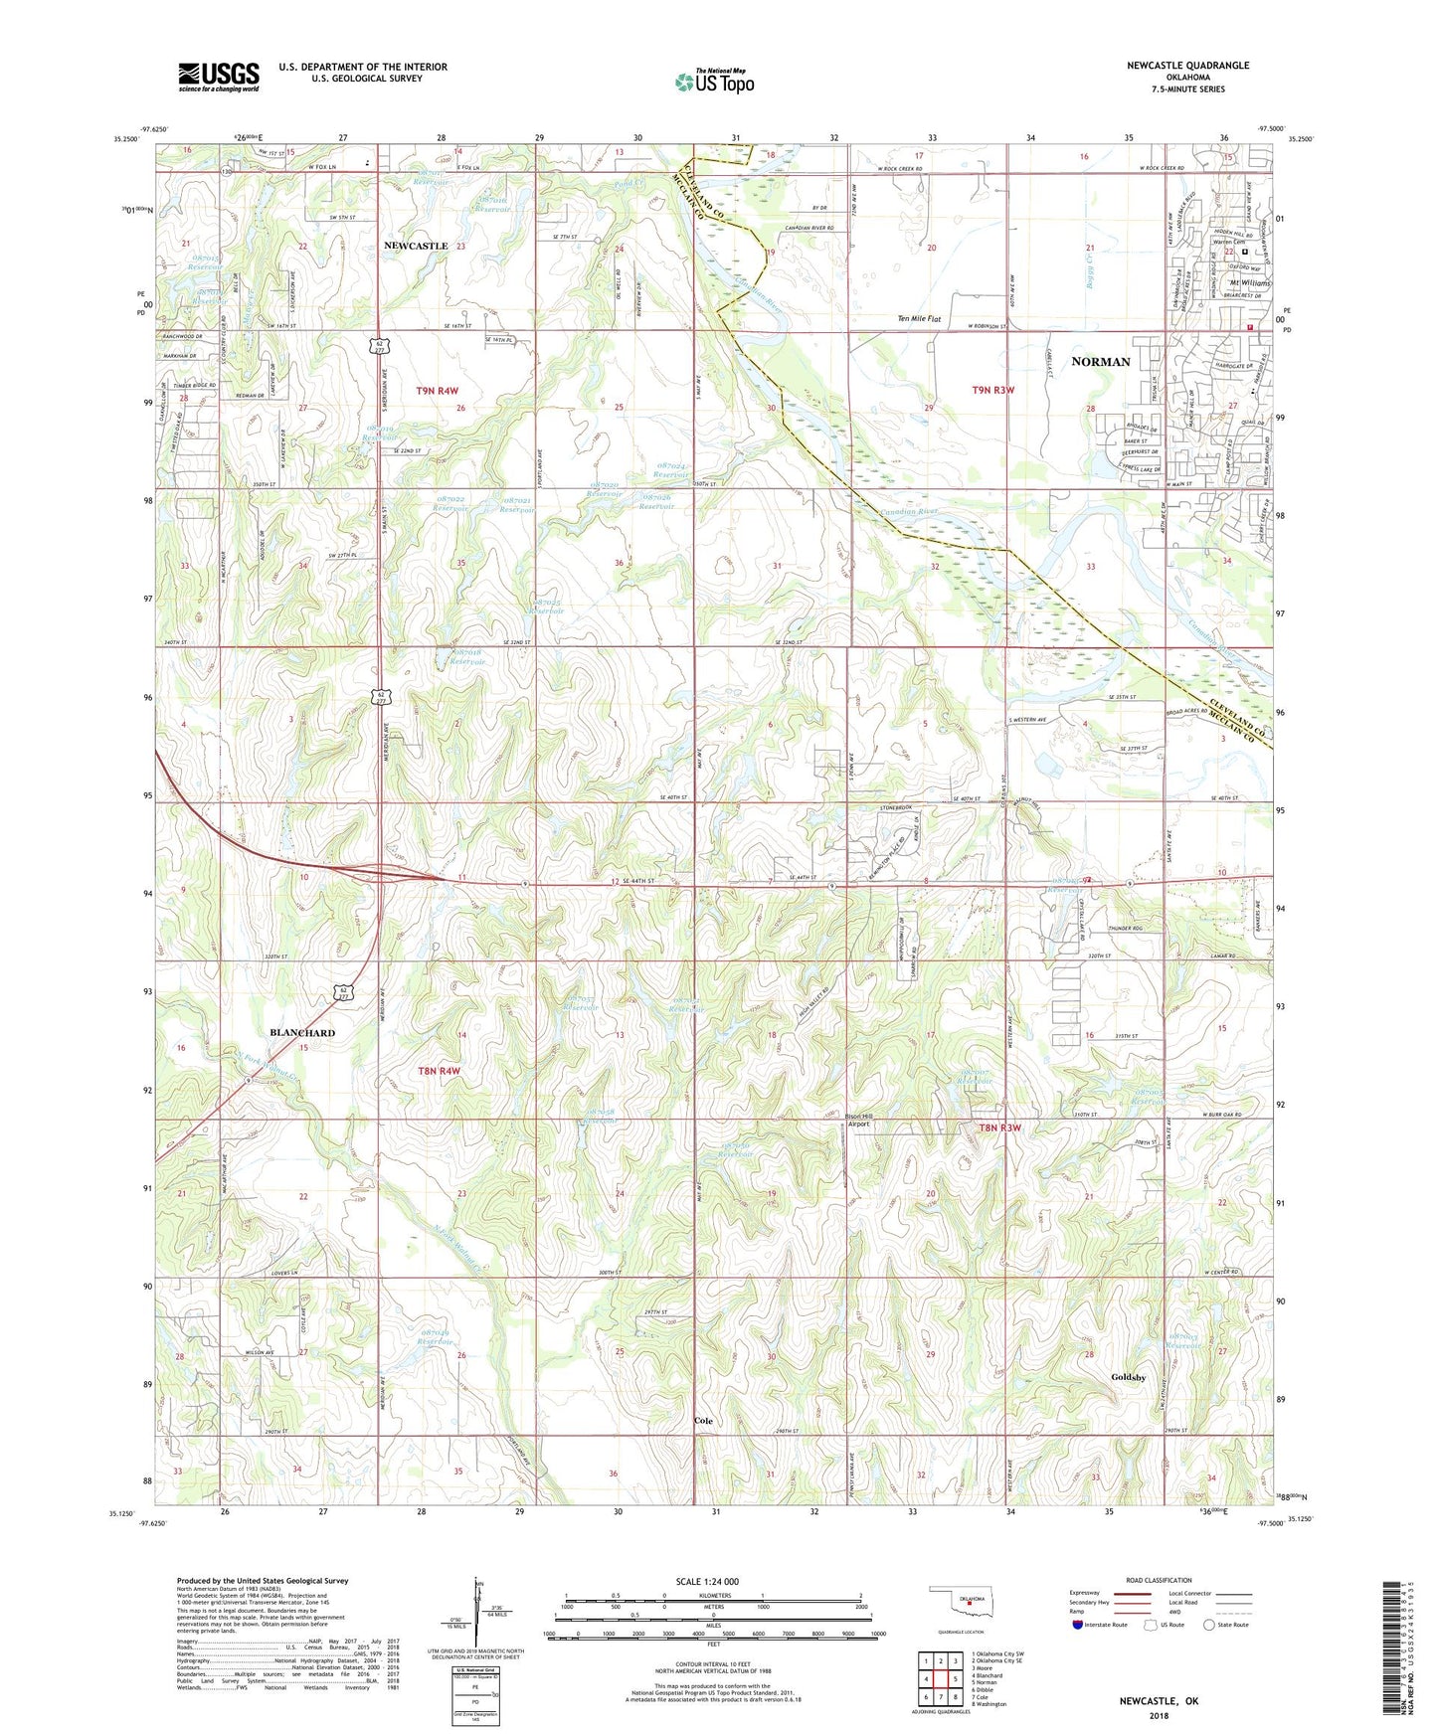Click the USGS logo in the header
click(x=219, y=77)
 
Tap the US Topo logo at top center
click(x=714, y=82)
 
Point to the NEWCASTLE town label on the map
click(x=416, y=246)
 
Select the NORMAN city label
click(x=1100, y=362)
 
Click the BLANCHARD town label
click(x=302, y=1033)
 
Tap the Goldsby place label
click(x=1129, y=1377)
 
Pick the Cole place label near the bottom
click(x=703, y=1421)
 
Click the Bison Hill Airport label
click(x=858, y=1120)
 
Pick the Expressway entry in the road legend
click(x=1089, y=1592)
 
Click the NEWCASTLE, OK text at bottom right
click(x=1159, y=1701)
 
